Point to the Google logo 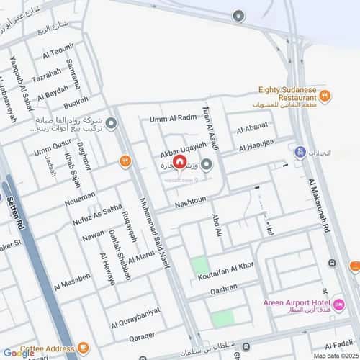[x=19, y=354]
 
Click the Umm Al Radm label [x=173, y=118]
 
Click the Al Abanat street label [x=252, y=130]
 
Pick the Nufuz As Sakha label [x=97, y=210]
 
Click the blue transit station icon [x=300, y=152]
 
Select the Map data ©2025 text [x=334, y=355]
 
